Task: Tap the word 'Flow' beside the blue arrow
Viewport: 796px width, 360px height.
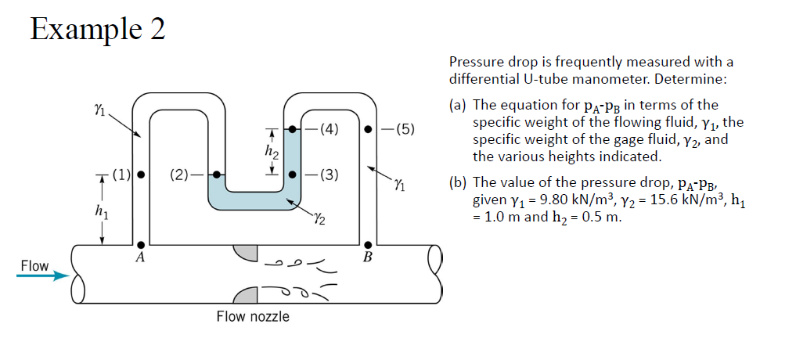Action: (x=34, y=266)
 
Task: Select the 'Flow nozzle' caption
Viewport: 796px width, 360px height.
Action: (x=253, y=316)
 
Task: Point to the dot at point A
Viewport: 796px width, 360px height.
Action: (x=140, y=245)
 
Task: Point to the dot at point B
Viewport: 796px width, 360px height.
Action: (x=367, y=245)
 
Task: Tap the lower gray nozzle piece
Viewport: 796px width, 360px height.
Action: (x=247, y=295)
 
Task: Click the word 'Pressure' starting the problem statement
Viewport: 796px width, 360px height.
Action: (x=475, y=62)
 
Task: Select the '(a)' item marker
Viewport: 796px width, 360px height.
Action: (x=459, y=105)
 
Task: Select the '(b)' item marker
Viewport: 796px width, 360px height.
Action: (x=459, y=185)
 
